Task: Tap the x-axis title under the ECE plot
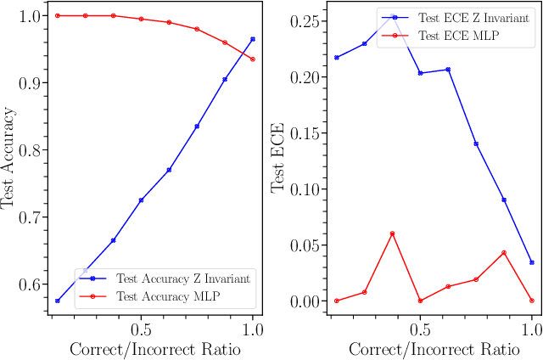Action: [434, 349]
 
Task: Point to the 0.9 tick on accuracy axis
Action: [28, 83]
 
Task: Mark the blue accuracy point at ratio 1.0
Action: [253, 39]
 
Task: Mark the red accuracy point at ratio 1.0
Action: [253, 59]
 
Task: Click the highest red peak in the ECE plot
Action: [392, 233]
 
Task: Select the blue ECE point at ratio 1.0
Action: [532, 262]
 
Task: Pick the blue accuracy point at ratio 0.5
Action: [141, 200]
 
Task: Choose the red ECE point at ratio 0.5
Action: [420, 301]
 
